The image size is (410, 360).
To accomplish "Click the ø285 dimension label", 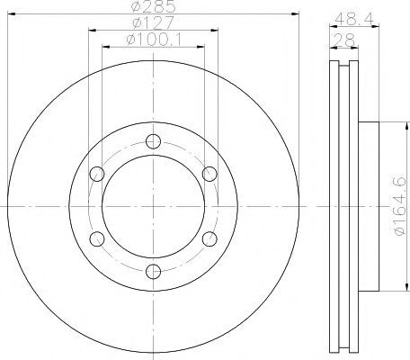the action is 153,6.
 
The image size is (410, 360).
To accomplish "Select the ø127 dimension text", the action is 153,22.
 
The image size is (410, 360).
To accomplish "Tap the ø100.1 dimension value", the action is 154,40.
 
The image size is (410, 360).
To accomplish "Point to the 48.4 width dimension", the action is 354,20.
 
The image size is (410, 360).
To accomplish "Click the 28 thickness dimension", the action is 343,40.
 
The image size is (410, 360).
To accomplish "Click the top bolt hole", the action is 153,141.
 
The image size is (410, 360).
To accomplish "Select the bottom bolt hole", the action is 153,272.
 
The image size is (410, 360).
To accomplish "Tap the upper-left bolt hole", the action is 97,174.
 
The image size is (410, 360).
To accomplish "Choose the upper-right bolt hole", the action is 209,174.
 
